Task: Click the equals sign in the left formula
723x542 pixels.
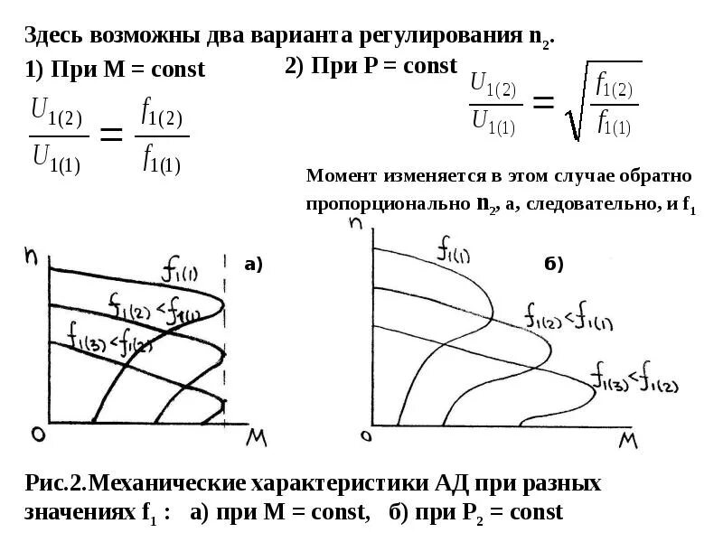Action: click(x=110, y=136)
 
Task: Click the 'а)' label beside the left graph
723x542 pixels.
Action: click(x=253, y=265)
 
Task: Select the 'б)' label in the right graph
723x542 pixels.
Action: click(x=553, y=265)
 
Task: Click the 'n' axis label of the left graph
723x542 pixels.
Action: click(x=32, y=257)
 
